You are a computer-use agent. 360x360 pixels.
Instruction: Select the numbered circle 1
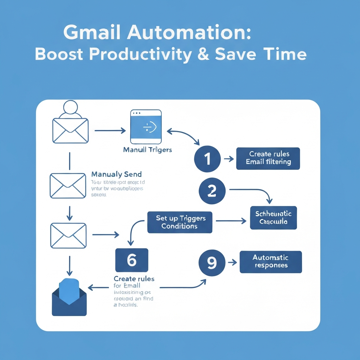click(x=207, y=159)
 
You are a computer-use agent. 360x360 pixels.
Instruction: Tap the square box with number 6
click(x=131, y=260)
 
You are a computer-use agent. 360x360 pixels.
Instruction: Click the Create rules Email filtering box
click(x=268, y=158)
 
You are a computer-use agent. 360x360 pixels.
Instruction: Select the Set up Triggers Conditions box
click(x=180, y=222)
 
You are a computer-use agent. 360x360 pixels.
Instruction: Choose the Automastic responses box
click(x=270, y=262)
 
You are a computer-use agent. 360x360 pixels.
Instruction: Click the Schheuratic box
click(x=273, y=218)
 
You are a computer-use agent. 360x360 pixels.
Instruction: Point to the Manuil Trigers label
click(x=147, y=150)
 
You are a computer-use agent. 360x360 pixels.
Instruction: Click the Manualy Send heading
click(x=116, y=174)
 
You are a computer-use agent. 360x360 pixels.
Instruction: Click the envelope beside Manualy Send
click(x=68, y=185)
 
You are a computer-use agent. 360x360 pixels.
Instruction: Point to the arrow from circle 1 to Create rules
click(x=229, y=159)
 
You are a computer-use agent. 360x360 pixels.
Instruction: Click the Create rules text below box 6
click(x=134, y=279)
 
